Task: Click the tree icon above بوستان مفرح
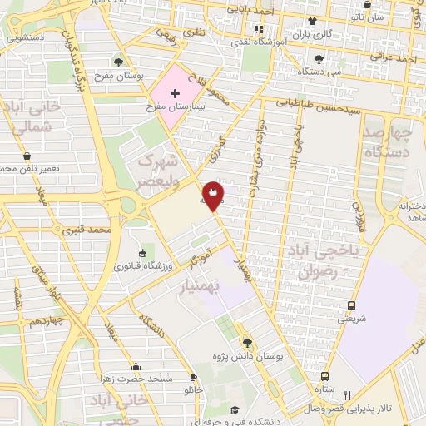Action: [119, 62]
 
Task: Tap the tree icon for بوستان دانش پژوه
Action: [246, 342]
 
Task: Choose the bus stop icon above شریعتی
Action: [351, 305]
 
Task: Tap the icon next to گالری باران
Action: [311, 22]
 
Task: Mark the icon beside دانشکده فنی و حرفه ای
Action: [235, 409]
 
